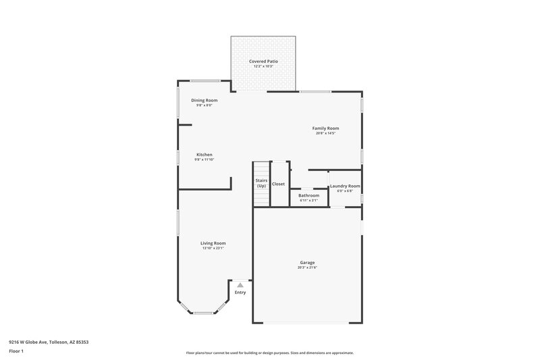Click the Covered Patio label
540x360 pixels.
pyautogui.click(x=263, y=61)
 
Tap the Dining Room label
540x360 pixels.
pyautogui.click(x=204, y=100)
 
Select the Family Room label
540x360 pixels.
pyautogui.click(x=325, y=128)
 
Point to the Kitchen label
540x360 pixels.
pyautogui.click(x=204, y=155)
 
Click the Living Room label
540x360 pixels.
pyautogui.click(x=213, y=243)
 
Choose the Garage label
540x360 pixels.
pyautogui.click(x=307, y=262)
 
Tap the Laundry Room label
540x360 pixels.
pyautogui.click(x=344, y=186)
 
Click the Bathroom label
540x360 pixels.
pyautogui.click(x=308, y=195)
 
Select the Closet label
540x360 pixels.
pyautogui.click(x=278, y=184)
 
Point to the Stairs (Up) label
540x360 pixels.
pyautogui.click(x=261, y=183)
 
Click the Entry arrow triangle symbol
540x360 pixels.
pyautogui.click(x=240, y=285)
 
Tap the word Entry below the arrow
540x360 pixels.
pyautogui.click(x=240, y=292)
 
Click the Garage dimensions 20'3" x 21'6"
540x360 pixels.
pyautogui.click(x=307, y=267)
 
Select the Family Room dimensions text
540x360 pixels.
pyautogui.click(x=325, y=133)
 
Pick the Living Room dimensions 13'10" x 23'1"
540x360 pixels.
pyautogui.click(x=213, y=249)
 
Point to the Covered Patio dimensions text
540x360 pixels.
pyautogui.click(x=263, y=66)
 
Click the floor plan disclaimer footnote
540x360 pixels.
pyautogui.click(x=269, y=353)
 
